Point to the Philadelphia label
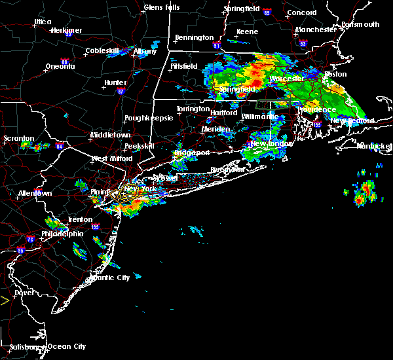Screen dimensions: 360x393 point(62,234)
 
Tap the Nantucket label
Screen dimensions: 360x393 point(374,145)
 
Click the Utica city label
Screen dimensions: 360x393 point(43,22)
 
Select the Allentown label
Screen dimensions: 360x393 point(35,194)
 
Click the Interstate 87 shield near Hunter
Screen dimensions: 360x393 point(121,91)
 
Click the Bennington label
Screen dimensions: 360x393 point(194,37)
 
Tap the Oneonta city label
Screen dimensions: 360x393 point(60,66)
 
